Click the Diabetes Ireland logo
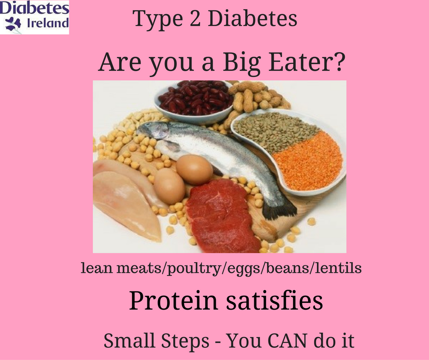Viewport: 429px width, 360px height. click(35, 17)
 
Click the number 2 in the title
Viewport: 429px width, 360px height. click(195, 19)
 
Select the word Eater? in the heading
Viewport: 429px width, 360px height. click(306, 62)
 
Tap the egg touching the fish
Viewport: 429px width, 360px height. click(194, 169)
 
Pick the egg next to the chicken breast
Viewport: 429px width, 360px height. click(169, 186)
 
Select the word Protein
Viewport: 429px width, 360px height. click(173, 301)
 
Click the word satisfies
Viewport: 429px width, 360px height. click(274, 300)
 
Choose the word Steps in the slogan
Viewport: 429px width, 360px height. click(185, 341)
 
